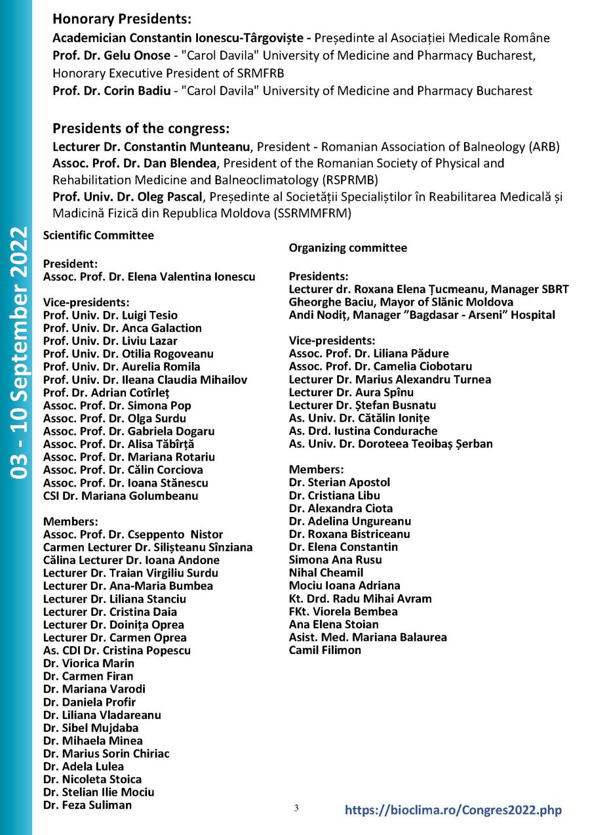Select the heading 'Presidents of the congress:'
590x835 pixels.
point(141,128)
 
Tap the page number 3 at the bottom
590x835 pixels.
point(296,808)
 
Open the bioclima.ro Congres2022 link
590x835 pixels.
point(453,810)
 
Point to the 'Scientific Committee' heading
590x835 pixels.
point(98,235)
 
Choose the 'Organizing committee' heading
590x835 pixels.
point(347,248)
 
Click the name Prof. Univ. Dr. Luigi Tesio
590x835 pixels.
point(110,316)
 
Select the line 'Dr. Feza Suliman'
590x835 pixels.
point(87,805)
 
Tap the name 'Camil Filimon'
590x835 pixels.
point(324,650)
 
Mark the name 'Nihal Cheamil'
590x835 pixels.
point(326,573)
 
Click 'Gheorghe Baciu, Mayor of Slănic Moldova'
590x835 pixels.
point(401,302)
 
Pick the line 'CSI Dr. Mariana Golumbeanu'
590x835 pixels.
point(121,496)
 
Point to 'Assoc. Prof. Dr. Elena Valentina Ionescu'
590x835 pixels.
point(149,277)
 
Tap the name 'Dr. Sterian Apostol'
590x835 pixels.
point(339,482)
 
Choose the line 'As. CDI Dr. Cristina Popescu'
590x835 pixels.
point(117,650)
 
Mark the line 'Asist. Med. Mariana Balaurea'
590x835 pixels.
point(368,637)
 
